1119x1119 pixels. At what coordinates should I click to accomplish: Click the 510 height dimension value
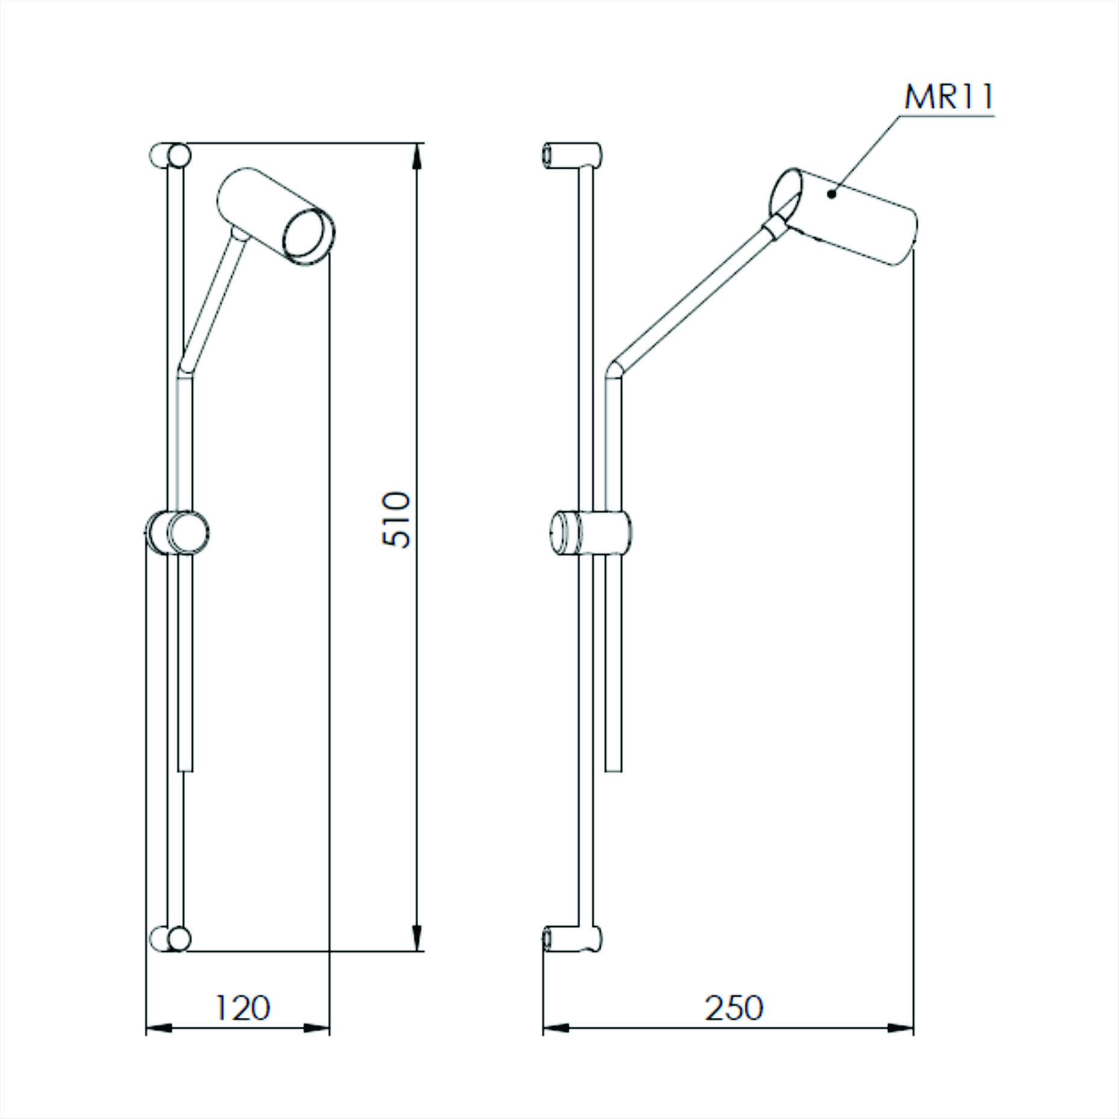pos(397,519)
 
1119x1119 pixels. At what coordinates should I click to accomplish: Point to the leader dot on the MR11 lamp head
pos(831,193)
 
